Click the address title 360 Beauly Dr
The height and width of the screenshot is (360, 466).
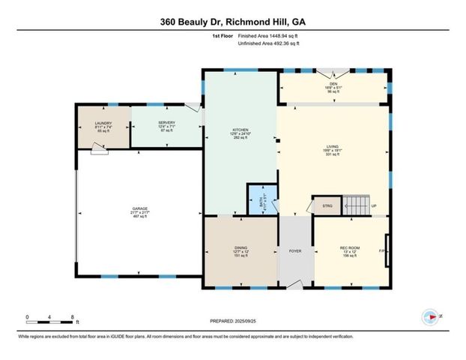[233, 22]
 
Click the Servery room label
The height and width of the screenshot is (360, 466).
[166, 127]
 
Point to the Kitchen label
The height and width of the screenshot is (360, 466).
[240, 134]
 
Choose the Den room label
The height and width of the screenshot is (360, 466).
[334, 85]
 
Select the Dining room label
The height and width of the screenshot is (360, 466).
[240, 253]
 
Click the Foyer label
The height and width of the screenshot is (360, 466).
[295, 250]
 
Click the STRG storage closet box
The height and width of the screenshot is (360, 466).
[327, 204]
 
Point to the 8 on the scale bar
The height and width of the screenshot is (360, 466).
[73, 317]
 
